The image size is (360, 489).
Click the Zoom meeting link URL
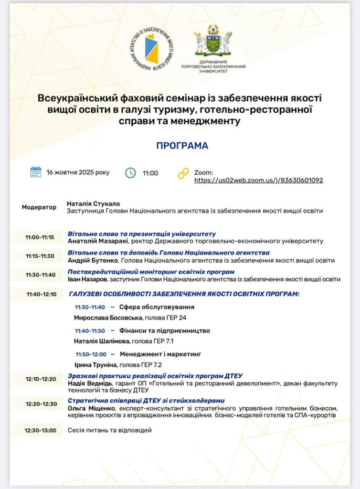click(258, 181)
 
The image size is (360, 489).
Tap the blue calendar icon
click(36, 172)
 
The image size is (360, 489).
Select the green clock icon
click(130, 173)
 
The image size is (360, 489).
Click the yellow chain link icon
click(183, 173)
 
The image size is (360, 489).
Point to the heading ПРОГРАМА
click(182, 146)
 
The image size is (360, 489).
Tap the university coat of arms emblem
click(212, 41)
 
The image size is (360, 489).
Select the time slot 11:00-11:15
click(40, 237)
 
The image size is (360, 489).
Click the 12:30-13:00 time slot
click(41, 430)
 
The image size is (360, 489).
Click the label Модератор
click(39, 207)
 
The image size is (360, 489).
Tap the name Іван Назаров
click(88, 279)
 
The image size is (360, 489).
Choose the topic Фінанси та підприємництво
click(165, 330)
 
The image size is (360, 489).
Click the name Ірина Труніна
click(95, 365)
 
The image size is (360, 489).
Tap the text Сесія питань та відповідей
click(109, 430)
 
